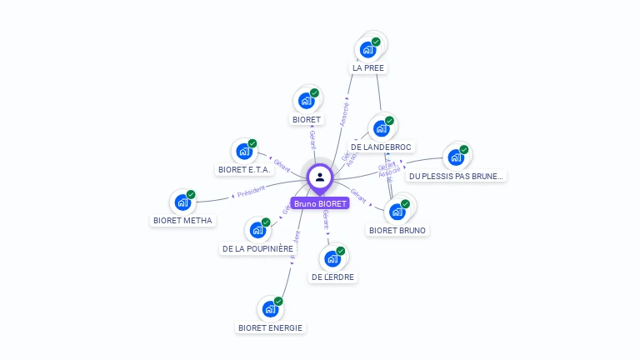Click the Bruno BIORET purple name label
pos(320,203)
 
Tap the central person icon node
pos(320,177)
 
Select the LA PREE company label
pos(368,67)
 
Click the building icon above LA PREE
pos(368,49)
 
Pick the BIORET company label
pos(307,119)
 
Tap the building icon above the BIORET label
pos(307,101)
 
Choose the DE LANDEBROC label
pos(381,147)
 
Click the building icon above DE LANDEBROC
pos(382,128)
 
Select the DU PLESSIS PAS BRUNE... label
pos(457,176)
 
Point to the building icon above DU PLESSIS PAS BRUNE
pos(456,157)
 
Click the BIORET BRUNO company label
pos(397,230)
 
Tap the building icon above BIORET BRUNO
pos(397,212)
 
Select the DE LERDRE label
pos(333,277)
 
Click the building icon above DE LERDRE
pos(332,258)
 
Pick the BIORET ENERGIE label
pos(270,327)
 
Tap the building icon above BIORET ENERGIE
pos(270,309)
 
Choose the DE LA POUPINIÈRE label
pos(258,248)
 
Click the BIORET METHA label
pos(183,220)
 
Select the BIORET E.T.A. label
pos(245,169)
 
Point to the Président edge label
pos(251,191)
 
